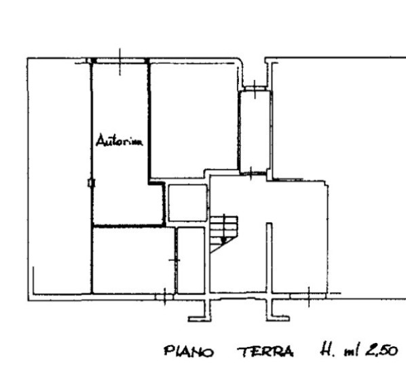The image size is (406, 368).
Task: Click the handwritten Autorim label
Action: click(x=119, y=140)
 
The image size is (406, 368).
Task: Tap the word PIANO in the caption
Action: click(x=189, y=352)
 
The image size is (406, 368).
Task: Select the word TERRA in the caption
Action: click(x=265, y=352)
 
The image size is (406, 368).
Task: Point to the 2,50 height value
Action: click(x=381, y=350)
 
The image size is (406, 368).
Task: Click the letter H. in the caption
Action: click(x=327, y=350)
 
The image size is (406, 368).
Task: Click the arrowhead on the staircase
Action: click(x=224, y=241)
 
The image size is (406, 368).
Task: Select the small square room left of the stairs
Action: click(x=188, y=203)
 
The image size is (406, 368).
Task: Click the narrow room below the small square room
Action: click(x=191, y=260)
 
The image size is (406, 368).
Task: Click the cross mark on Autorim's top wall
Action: click(x=119, y=62)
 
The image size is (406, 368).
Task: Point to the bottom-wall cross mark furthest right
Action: click(x=309, y=297)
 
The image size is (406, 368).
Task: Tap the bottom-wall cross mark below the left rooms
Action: click(x=165, y=297)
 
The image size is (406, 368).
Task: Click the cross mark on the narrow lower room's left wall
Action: click(x=174, y=260)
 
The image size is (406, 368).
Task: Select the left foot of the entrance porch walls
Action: click(x=200, y=319)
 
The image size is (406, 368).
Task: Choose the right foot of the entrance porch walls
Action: click(x=278, y=319)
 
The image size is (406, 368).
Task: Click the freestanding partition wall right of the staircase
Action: click(x=270, y=258)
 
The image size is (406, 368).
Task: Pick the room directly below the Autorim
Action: click(x=133, y=260)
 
